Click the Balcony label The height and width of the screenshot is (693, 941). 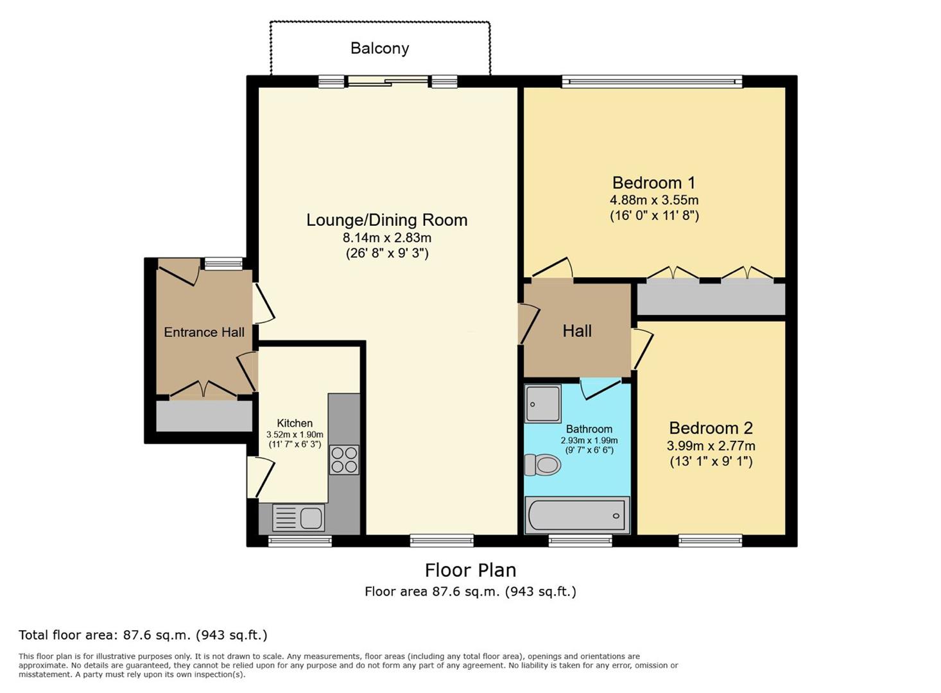coord(379,49)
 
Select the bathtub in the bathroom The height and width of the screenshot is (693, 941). coord(577,515)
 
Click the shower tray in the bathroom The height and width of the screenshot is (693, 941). coord(543,404)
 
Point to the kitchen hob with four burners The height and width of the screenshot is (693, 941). coord(344,459)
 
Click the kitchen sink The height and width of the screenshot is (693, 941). coord(298,518)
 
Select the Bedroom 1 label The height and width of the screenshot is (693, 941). coord(653,183)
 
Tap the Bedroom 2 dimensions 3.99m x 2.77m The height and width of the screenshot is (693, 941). coord(711,446)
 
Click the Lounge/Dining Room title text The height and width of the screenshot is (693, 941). coord(386,220)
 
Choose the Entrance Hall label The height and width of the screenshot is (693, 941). coord(204,332)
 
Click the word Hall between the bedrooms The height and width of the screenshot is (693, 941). coord(577,331)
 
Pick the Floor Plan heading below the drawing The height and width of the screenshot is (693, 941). coord(470,570)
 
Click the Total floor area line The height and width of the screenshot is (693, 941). coord(142,635)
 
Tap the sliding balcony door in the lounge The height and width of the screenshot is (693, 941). coord(388,81)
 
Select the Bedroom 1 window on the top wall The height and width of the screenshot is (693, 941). coord(652,81)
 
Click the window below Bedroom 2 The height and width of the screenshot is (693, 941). coord(710,541)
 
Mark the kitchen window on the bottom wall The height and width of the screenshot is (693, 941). coord(300,541)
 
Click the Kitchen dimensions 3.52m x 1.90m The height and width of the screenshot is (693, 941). coord(295,434)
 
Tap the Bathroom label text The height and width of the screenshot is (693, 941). coord(589,429)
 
